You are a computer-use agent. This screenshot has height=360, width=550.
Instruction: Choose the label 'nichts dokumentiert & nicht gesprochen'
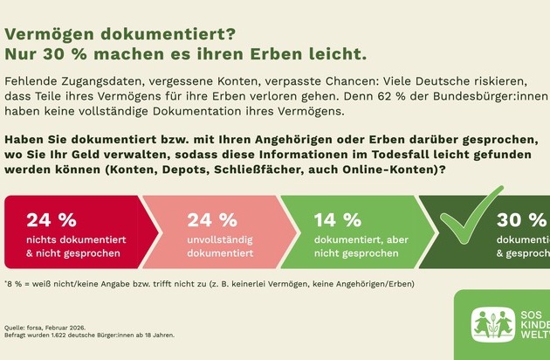pos(72,246)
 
